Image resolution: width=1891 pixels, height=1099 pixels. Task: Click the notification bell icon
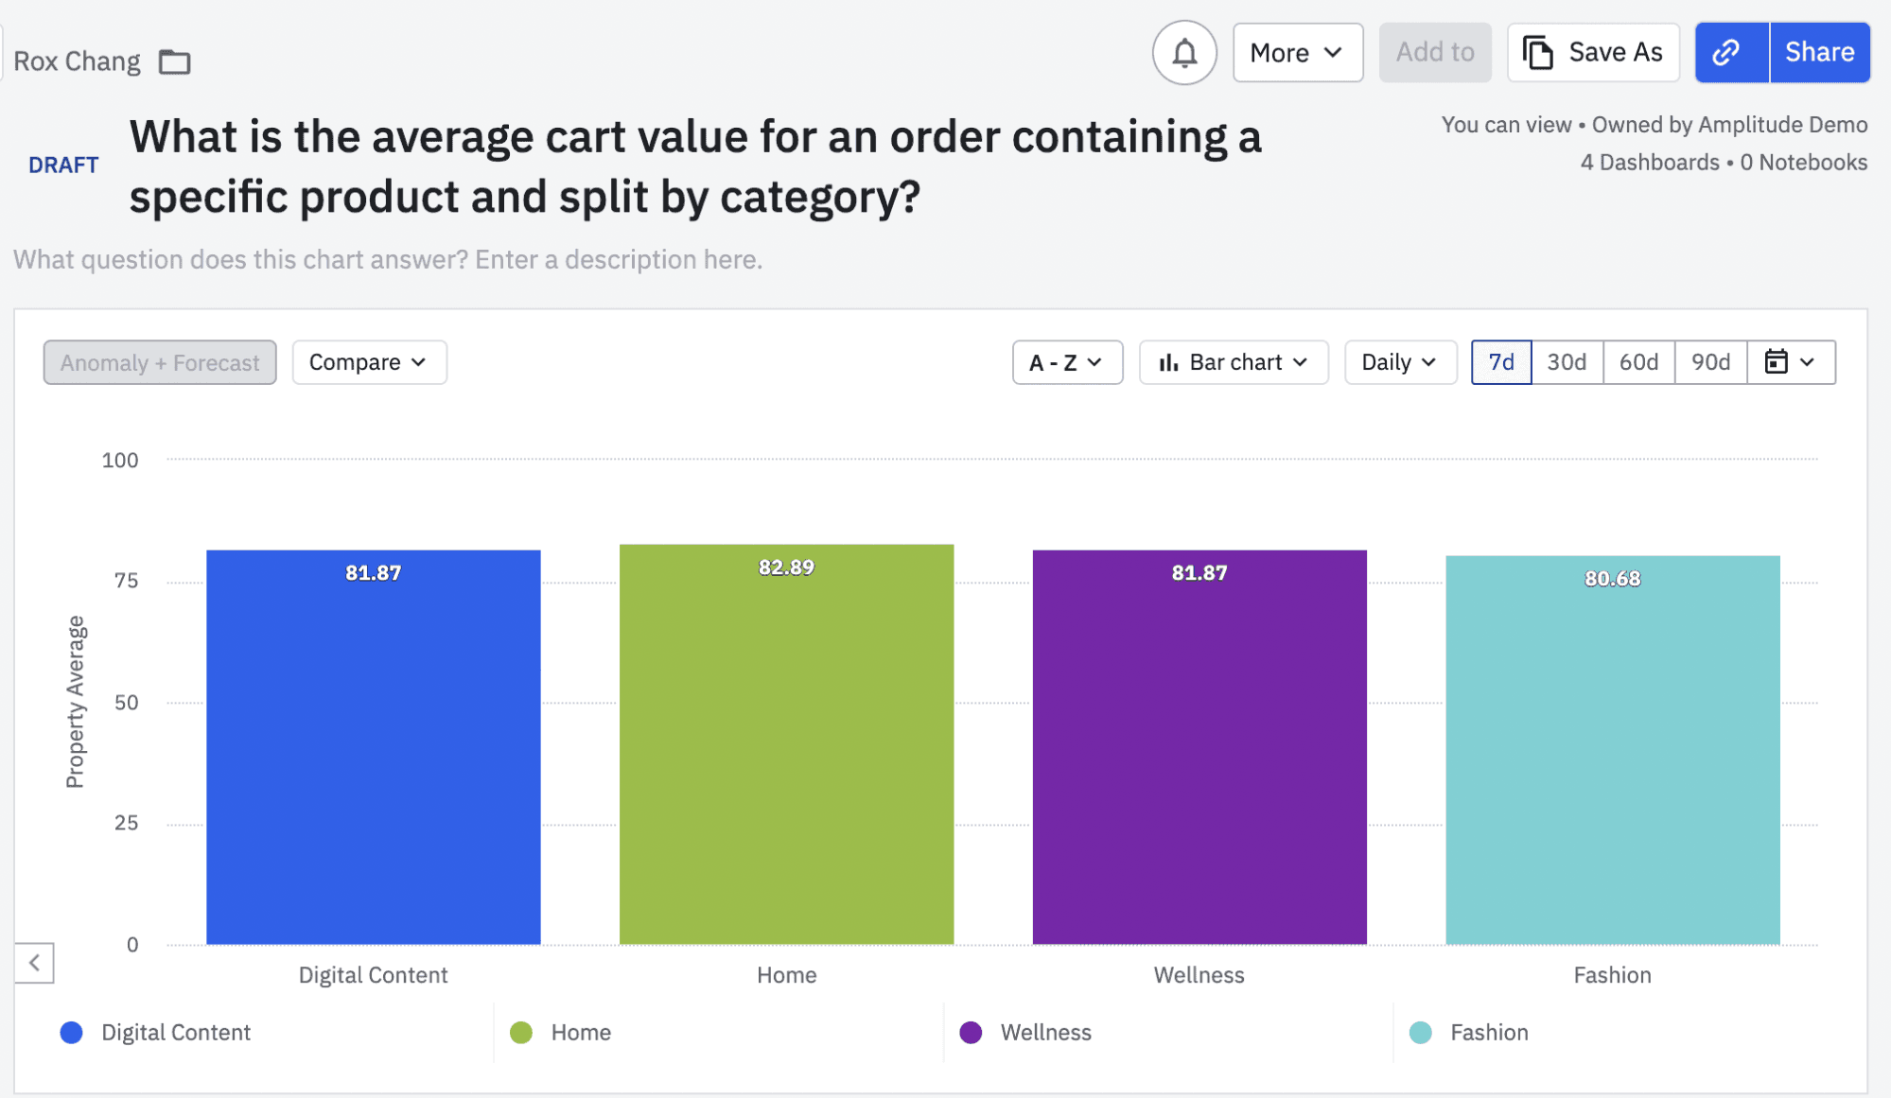pos(1184,53)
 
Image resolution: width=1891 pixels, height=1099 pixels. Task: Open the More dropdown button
pos(1297,53)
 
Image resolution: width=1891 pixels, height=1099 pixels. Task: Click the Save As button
pos(1593,53)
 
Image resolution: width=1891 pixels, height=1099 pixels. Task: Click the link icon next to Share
pos(1729,53)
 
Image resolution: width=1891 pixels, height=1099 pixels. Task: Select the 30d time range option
pos(1567,362)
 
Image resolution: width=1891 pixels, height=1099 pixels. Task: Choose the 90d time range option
pos(1710,362)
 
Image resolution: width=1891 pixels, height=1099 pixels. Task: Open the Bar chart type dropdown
pos(1234,362)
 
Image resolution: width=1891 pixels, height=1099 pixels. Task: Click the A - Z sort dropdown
pos(1067,362)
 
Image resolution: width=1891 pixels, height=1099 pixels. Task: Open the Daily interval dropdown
pos(1399,362)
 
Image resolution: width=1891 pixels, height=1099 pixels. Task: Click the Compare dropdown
pos(369,362)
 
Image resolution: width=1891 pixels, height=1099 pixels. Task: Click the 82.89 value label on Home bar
pos(786,567)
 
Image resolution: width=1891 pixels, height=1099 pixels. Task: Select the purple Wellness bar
pos(1199,757)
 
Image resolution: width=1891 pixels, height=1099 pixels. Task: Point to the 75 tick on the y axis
pos(126,581)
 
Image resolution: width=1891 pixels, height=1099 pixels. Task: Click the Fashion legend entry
pos(1488,1032)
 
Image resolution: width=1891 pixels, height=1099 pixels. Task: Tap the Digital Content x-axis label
pos(373,975)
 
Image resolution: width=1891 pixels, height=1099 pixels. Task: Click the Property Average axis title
pos(75,702)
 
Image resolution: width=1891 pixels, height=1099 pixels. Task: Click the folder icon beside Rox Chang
pos(174,62)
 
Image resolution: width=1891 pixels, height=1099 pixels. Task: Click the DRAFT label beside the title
pos(63,166)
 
